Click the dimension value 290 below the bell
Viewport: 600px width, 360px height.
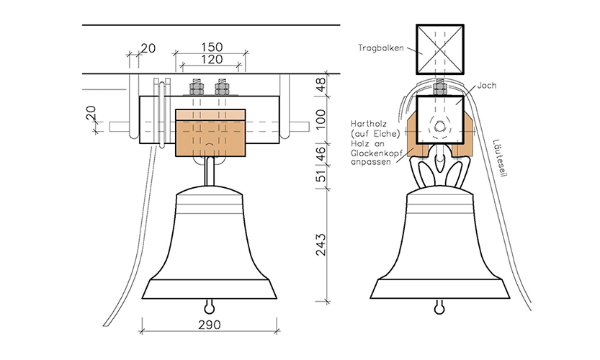tap(210, 325)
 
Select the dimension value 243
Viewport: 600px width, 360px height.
tap(321, 245)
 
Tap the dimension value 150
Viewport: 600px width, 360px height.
tap(212, 47)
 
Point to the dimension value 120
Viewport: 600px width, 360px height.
tap(212, 59)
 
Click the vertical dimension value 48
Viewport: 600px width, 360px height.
tap(321, 84)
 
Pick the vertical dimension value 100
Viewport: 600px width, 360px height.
tap(321, 119)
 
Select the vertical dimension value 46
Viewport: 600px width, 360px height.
tap(321, 153)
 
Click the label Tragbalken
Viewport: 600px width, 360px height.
tap(381, 48)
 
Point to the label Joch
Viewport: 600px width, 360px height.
tap(487, 85)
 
